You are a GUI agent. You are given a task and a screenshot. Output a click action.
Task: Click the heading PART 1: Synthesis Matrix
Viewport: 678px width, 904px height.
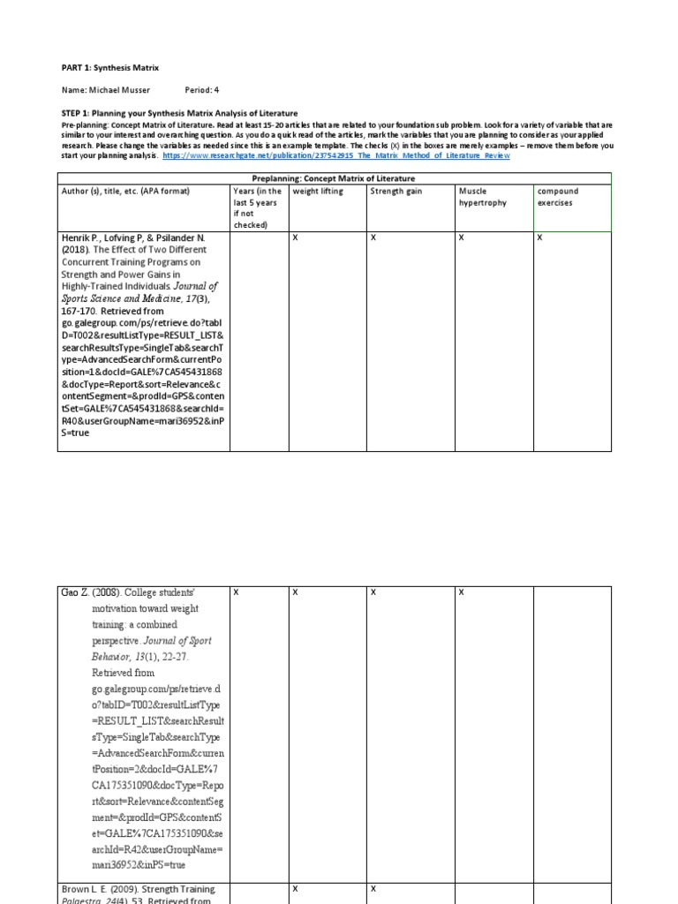point(110,67)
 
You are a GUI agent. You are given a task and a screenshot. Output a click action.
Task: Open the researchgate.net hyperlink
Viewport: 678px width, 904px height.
point(336,155)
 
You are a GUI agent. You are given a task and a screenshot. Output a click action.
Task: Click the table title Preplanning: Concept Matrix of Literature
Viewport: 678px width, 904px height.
point(335,177)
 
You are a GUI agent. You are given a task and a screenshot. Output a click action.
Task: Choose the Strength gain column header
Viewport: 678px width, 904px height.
point(396,191)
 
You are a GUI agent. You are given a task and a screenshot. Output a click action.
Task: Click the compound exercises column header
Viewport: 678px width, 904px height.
point(558,197)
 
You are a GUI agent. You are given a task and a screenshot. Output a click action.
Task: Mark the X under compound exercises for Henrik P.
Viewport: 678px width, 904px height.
point(540,237)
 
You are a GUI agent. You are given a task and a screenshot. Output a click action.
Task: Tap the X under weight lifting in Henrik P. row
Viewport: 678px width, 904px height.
point(295,237)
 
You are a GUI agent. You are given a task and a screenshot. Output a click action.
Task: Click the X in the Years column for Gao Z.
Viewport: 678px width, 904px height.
point(236,592)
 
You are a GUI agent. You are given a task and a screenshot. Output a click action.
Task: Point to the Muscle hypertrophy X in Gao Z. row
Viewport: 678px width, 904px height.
point(461,592)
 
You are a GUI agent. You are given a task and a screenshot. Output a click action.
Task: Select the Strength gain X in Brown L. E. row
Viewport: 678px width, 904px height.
point(373,888)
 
